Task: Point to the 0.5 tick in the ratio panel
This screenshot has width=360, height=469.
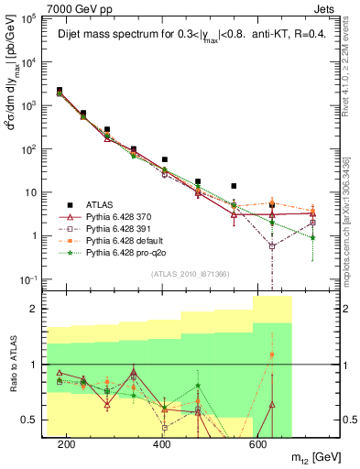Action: point(34,420)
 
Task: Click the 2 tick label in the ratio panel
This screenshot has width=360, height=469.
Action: point(38,309)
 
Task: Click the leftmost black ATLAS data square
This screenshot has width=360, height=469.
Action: point(60,91)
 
